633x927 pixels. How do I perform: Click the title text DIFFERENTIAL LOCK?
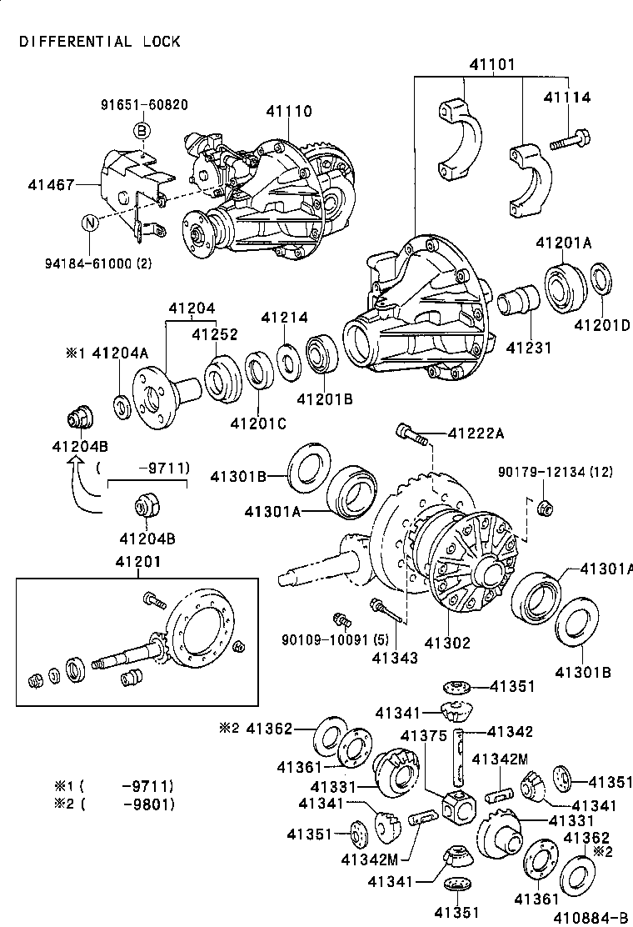[x=100, y=41]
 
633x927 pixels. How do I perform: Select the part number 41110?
[x=289, y=111]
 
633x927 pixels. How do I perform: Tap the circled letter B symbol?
[x=142, y=131]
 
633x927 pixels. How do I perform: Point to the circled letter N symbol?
[x=91, y=223]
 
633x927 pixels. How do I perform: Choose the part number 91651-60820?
[x=144, y=105]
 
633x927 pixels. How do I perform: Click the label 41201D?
[x=601, y=324]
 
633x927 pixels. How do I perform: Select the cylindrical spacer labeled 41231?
[x=518, y=302]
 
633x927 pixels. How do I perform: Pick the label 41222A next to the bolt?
[x=476, y=433]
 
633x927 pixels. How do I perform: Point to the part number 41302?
[x=447, y=643]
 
